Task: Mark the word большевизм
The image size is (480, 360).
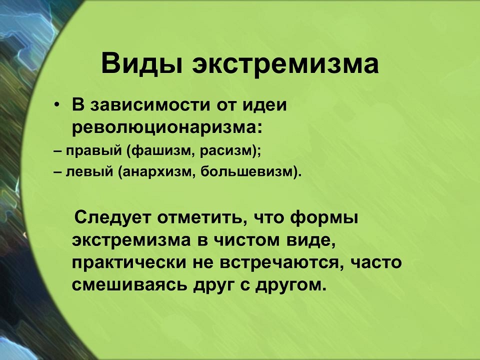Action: [x=247, y=171]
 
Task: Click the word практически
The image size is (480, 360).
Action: [x=129, y=263]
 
